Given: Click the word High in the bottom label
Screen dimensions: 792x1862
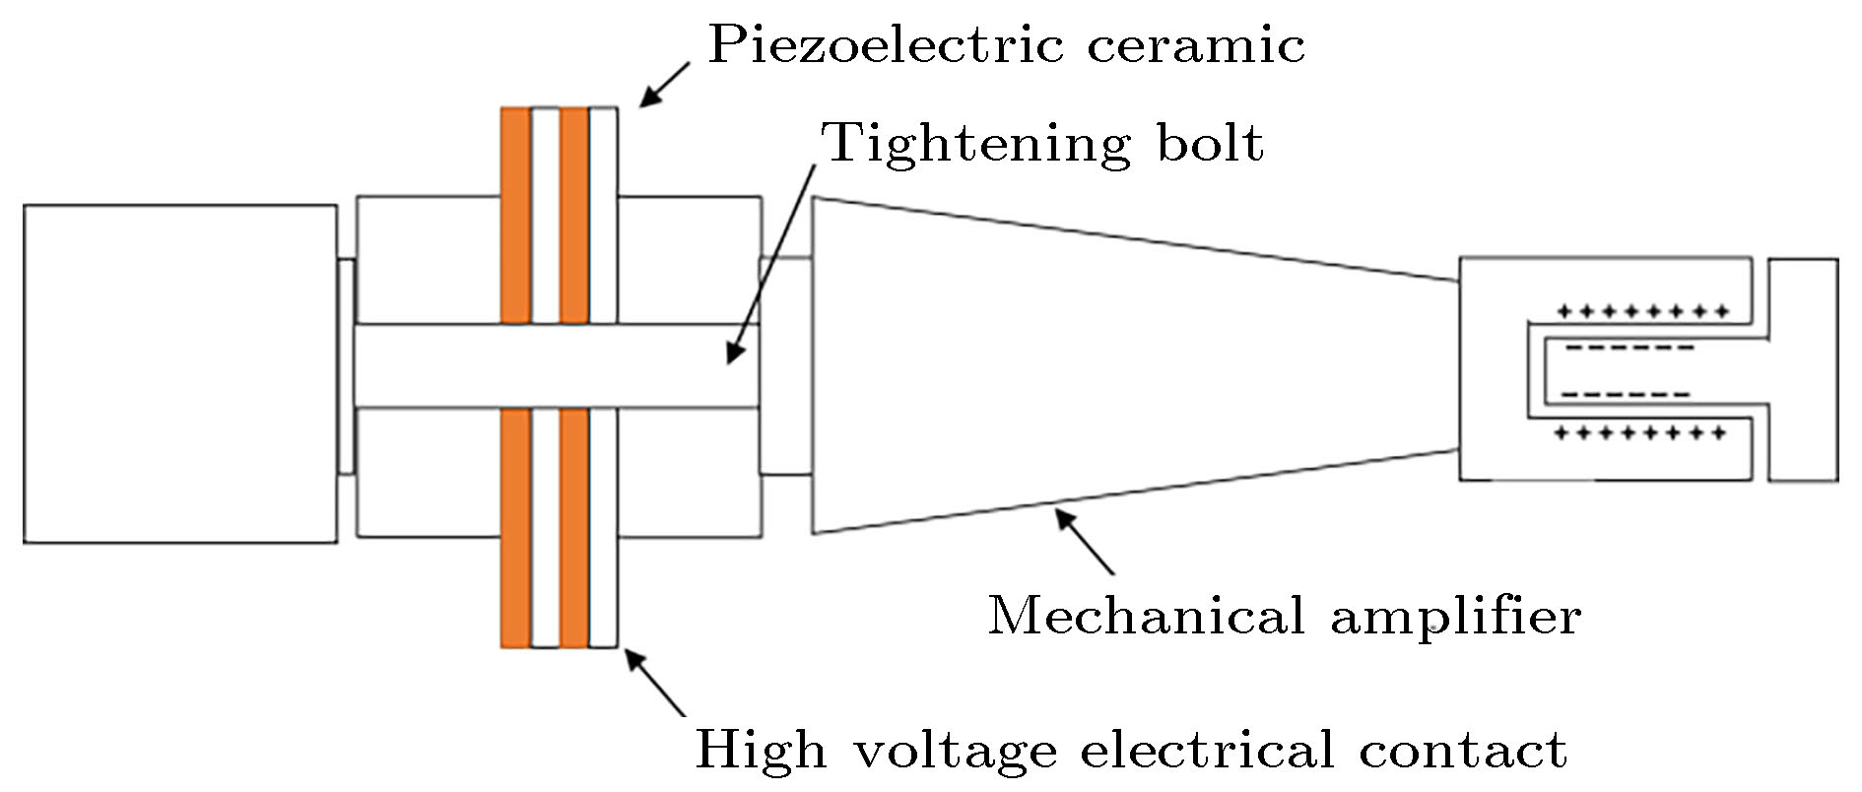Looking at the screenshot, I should tap(761, 750).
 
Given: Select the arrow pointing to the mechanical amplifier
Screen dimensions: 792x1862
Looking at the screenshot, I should tap(1085, 539).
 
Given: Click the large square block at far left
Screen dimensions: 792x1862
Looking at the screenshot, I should tap(180, 373).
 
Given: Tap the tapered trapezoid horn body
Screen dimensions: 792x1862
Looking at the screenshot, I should tap(1084, 364).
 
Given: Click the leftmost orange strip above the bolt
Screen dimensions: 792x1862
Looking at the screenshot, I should tap(515, 215).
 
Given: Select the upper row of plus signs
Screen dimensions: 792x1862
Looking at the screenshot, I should tap(1641, 313).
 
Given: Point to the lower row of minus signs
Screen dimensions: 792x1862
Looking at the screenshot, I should tap(1627, 395).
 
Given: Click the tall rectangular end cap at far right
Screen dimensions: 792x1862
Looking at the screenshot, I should tap(1803, 369).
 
